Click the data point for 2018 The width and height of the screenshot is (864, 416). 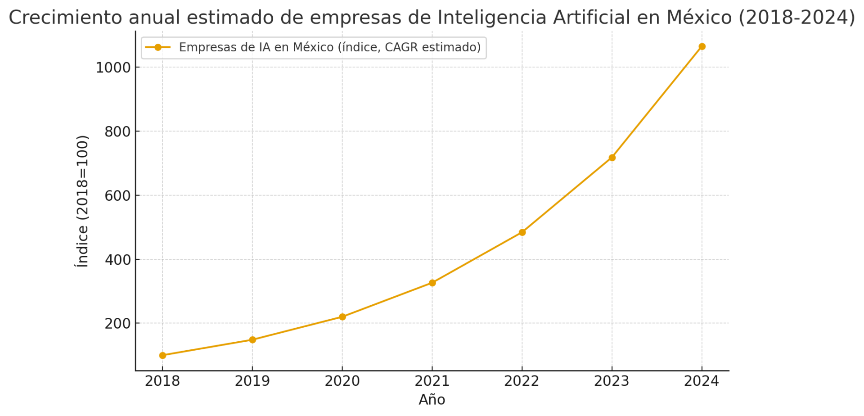[162, 355]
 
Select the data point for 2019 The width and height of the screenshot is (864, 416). [252, 339]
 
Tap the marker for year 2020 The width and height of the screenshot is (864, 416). [342, 317]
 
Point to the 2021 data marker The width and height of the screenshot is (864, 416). [432, 283]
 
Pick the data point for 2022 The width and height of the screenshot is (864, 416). [522, 232]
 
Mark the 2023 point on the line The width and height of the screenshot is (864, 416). [612, 158]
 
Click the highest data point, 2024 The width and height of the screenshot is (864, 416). [702, 46]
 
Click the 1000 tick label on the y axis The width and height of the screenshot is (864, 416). [112, 68]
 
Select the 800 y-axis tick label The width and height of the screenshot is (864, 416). [117, 132]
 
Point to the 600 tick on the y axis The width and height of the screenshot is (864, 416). [117, 196]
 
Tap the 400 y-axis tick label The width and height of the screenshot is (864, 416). [117, 260]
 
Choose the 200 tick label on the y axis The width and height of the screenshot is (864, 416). [117, 324]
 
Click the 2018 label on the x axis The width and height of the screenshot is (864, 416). [162, 381]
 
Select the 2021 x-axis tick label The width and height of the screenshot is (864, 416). [432, 381]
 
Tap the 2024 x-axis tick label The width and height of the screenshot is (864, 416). [702, 381]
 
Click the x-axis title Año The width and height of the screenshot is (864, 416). [432, 400]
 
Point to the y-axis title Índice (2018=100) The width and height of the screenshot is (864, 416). [82, 201]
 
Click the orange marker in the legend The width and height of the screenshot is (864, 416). [158, 47]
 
